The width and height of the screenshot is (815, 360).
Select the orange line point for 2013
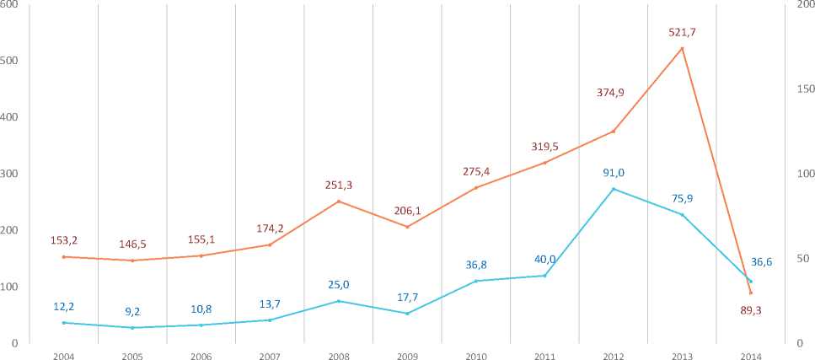(682, 48)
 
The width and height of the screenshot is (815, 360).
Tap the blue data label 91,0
(613, 173)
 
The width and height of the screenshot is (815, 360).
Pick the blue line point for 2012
(613, 189)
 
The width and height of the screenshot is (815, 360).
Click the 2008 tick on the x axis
(338, 357)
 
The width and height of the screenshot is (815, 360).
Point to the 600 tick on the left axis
(10, 5)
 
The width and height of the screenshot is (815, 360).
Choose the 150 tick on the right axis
(805, 89)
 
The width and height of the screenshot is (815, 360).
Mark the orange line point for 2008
(338, 201)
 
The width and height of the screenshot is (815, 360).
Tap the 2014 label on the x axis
(750, 357)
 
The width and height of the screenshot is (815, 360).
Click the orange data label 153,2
(64, 240)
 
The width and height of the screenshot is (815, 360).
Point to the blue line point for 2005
(132, 327)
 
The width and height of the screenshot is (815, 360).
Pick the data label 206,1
(407, 211)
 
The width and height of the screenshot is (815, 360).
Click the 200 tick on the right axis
(805, 5)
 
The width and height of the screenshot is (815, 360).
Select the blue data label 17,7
(407, 297)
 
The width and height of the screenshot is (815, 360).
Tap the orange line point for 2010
(475, 187)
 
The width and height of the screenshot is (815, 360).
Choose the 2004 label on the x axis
(63, 357)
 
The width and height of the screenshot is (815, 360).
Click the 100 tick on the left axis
(10, 287)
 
